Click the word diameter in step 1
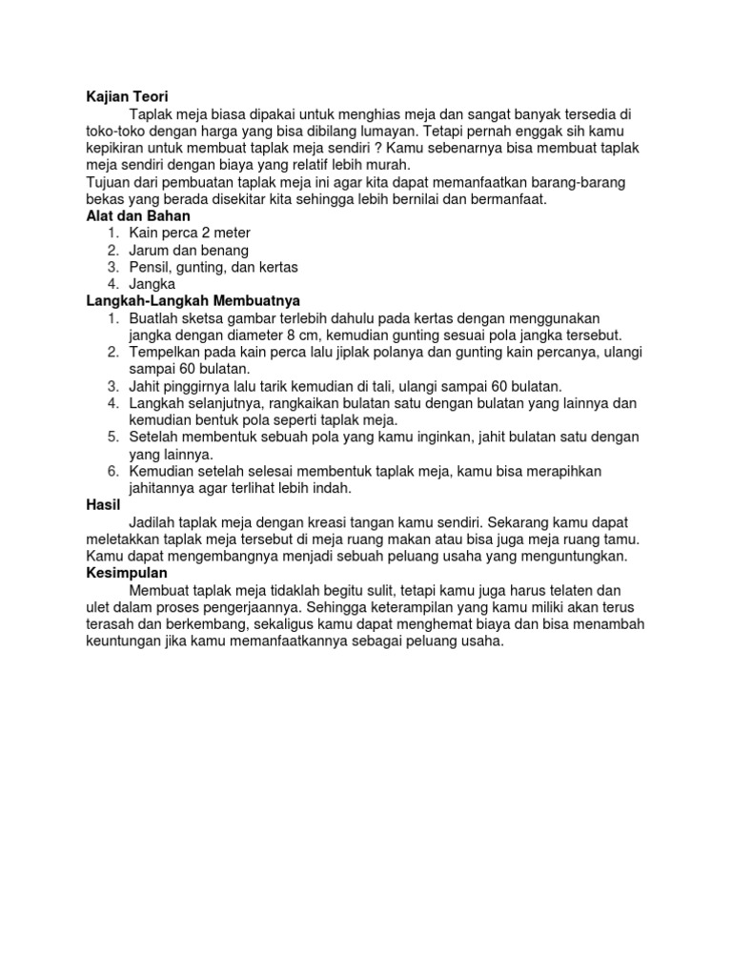tap(238, 335)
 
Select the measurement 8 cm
tap(288, 335)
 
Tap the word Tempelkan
tap(168, 352)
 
